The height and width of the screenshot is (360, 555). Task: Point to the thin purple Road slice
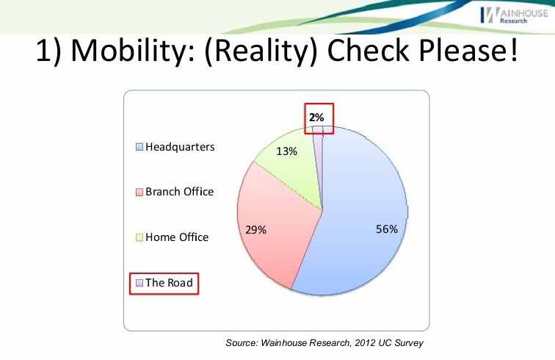(318, 147)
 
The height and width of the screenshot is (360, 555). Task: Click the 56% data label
(386, 229)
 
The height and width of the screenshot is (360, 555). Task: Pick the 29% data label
(255, 230)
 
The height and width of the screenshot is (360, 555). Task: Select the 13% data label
(286, 152)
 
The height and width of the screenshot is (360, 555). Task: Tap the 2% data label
(316, 117)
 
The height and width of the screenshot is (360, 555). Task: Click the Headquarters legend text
(180, 147)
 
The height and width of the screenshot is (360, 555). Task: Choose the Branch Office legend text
(179, 192)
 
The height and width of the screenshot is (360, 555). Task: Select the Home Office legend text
(177, 237)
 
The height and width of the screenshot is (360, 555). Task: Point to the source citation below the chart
(324, 342)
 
